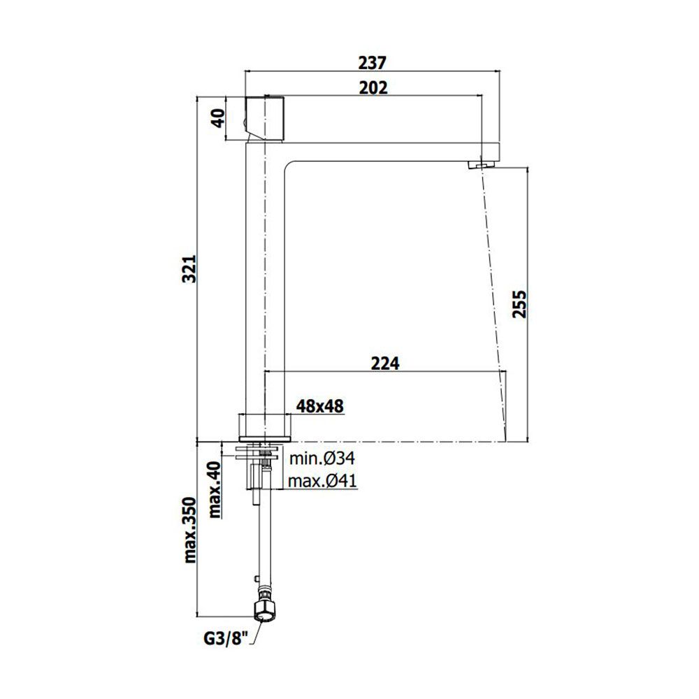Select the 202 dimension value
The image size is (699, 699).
click(373, 88)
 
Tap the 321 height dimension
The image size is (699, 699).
click(190, 269)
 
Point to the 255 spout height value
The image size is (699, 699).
click(519, 304)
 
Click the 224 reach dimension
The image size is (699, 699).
click(386, 363)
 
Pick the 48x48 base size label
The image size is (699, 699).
click(320, 406)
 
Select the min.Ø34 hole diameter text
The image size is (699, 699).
click(322, 458)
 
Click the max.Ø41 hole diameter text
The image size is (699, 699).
click(322, 481)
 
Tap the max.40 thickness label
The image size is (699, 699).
click(215, 489)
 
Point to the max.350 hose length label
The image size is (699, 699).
click(190, 530)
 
